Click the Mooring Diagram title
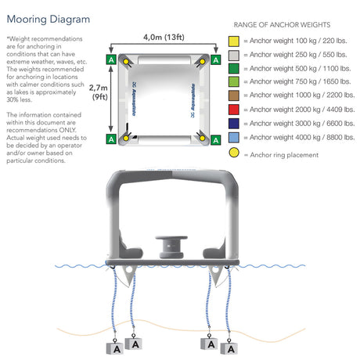49,20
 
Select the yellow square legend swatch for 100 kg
234,41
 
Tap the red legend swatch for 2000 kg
234,110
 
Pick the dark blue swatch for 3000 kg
234,124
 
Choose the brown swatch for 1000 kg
234,95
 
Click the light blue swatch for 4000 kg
234,138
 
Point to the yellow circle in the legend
234,153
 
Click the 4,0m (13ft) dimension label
164,37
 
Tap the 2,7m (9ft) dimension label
99,92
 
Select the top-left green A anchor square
111,59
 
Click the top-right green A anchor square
216,59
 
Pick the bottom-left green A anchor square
111,139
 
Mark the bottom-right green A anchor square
216,140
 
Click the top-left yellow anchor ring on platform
126,62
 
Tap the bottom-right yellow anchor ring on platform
202,138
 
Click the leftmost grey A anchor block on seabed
115,348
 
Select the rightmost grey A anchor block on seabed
229,348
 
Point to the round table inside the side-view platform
171,247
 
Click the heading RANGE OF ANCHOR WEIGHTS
282,25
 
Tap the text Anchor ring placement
284,155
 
